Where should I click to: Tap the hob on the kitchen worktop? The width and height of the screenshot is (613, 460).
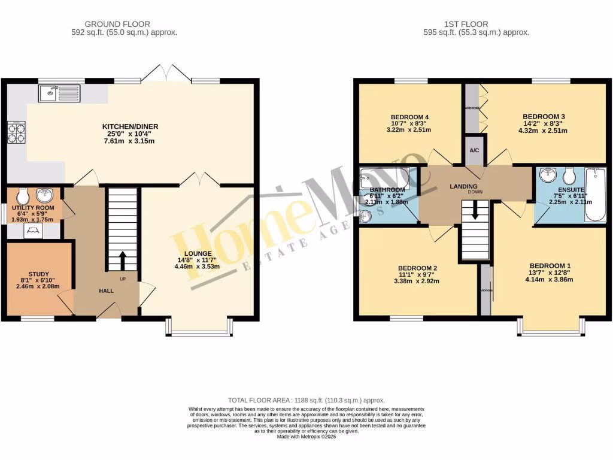16,132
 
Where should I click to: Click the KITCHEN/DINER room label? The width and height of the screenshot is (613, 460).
130,126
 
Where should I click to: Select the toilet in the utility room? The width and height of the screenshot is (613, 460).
22,196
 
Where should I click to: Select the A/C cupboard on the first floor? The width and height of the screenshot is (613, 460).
475,150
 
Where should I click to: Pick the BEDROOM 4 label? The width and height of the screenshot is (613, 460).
409,117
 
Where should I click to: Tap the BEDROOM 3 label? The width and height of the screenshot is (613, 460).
544,116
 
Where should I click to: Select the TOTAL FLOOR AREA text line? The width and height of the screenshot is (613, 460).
306,400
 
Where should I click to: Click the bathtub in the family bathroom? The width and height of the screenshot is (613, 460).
383,178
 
